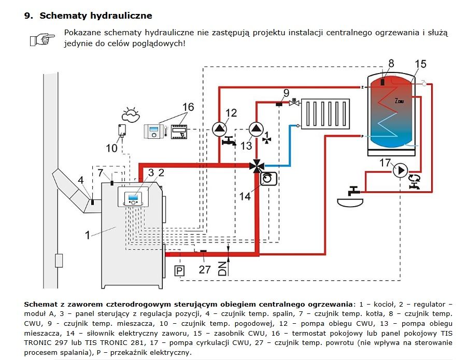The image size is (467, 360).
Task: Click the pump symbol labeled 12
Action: coord(219,129)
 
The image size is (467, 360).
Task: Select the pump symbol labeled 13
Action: coord(256,129)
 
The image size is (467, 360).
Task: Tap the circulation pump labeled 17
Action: coord(400,170)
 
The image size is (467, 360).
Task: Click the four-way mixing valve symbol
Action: coord(257,165)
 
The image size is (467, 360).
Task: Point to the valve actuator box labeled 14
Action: coord(268,179)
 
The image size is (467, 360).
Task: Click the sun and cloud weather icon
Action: coord(131,114)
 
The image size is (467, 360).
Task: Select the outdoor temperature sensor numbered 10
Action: coord(122,131)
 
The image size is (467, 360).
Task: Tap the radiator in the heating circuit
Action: coord(325,114)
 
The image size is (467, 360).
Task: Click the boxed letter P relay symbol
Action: coord(179,271)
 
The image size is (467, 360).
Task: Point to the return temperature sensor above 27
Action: coord(203,251)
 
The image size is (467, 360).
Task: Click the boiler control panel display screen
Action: coord(133,197)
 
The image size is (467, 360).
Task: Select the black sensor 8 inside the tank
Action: coord(383,80)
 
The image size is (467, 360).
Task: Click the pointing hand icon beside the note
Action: coord(43,39)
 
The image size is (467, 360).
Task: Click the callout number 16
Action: coord(188,107)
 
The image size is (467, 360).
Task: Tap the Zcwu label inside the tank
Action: coord(399,100)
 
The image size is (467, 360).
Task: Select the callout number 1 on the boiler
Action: coord(87,235)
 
